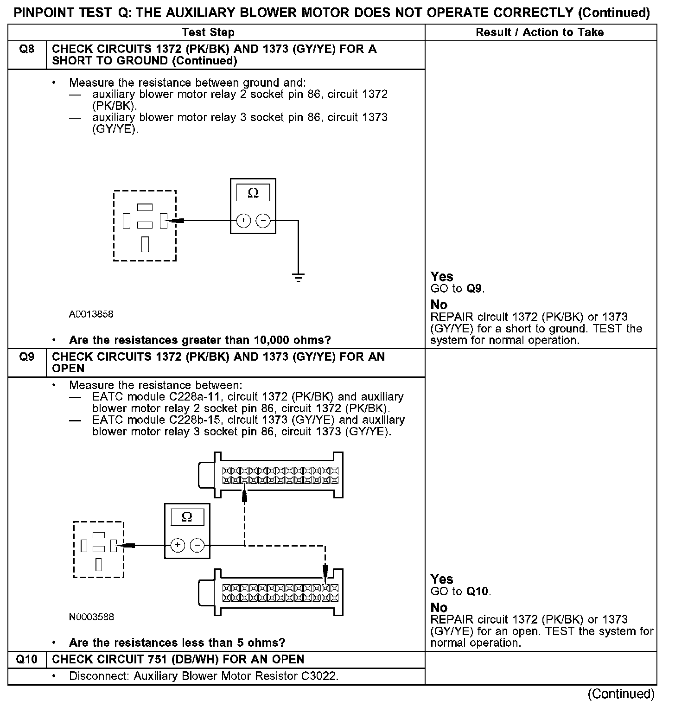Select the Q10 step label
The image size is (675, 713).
27,659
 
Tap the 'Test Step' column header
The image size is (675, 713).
208,32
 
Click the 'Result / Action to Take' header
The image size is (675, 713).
540,32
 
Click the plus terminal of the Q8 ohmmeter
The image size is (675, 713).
243,221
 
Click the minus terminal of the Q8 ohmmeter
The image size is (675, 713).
263,221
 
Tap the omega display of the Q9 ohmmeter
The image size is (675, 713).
187,517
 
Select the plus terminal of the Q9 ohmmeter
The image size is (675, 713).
178,546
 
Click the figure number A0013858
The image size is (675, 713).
91,314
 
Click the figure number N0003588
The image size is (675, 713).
91,617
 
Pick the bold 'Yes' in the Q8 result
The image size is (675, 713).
442,277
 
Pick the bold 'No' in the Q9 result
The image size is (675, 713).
439,607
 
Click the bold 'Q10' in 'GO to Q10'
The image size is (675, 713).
478,592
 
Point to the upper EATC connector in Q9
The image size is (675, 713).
271,475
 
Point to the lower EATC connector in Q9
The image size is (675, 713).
271,592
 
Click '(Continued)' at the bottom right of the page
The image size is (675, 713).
621,694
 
